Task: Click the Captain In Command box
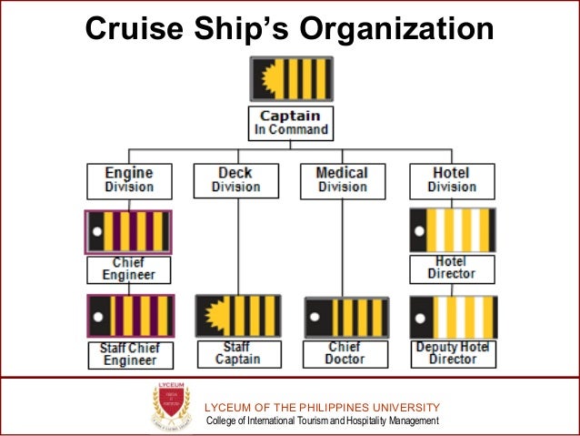(x=291, y=123)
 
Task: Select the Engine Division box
(x=128, y=180)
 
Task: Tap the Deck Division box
(x=235, y=180)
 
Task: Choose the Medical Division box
(x=342, y=180)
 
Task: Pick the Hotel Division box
(x=451, y=180)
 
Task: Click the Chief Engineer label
(x=128, y=269)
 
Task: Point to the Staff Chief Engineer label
(x=128, y=354)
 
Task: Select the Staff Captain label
(x=235, y=354)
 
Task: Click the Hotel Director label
(x=451, y=269)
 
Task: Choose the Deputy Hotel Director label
(x=451, y=354)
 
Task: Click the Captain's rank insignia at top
(x=291, y=79)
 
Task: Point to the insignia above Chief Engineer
(x=128, y=232)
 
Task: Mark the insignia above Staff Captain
(x=238, y=316)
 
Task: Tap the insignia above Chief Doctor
(x=346, y=318)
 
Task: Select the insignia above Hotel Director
(x=452, y=230)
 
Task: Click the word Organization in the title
(x=395, y=29)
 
